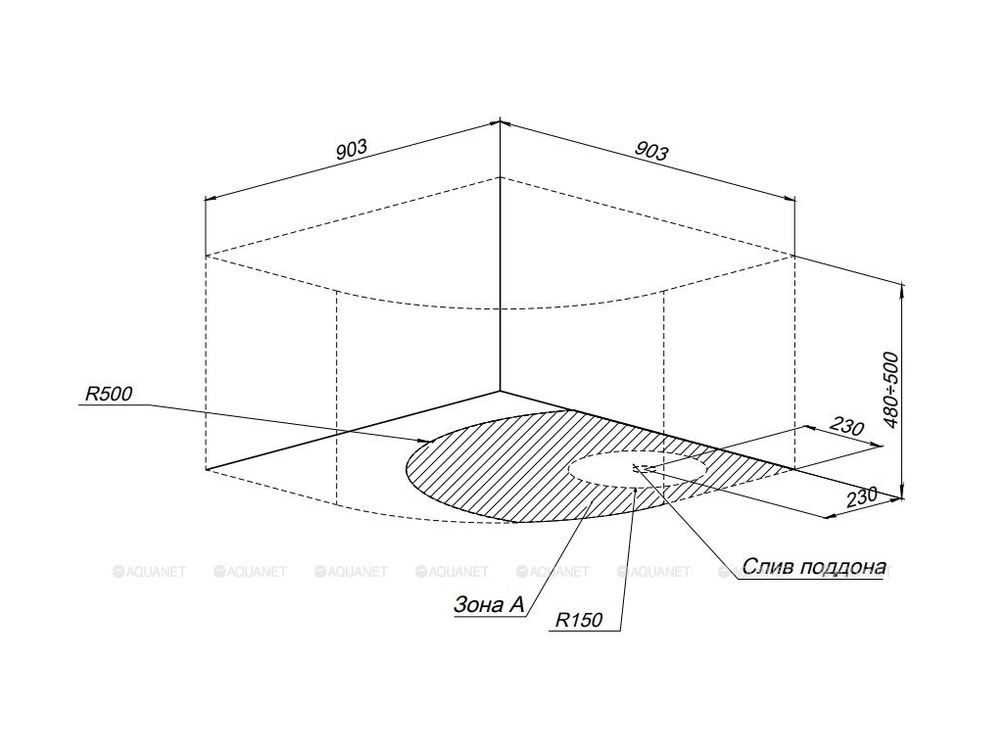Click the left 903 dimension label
(x=351, y=150)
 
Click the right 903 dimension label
(x=651, y=150)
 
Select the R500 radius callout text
(x=109, y=395)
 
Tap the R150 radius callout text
(x=579, y=620)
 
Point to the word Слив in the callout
(x=770, y=566)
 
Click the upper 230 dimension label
(x=845, y=427)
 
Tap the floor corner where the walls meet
(x=501, y=391)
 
